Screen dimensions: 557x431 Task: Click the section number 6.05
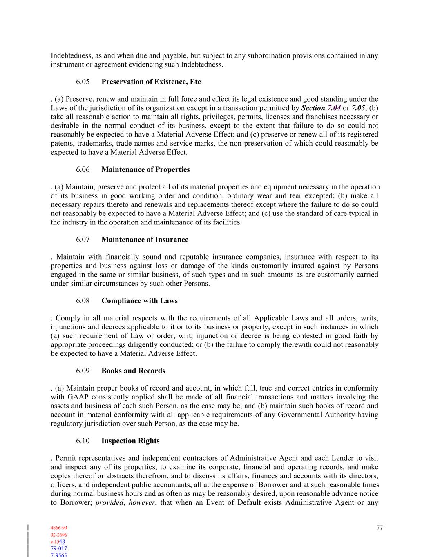83,82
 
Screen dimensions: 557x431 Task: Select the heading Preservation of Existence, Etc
151,82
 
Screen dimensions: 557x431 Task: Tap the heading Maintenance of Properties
145,169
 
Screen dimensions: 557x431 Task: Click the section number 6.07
83,240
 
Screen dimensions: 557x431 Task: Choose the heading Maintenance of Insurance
145,240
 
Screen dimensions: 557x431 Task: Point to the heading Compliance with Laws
139,301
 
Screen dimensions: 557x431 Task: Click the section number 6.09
83,371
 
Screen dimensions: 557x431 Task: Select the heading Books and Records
133,371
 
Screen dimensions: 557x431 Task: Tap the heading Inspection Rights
130,441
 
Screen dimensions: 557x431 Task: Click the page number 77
380,528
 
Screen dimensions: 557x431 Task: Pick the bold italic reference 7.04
334,108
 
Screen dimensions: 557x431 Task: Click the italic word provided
109,502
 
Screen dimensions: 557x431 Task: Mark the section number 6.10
83,441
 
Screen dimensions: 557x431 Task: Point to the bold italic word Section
313,108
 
